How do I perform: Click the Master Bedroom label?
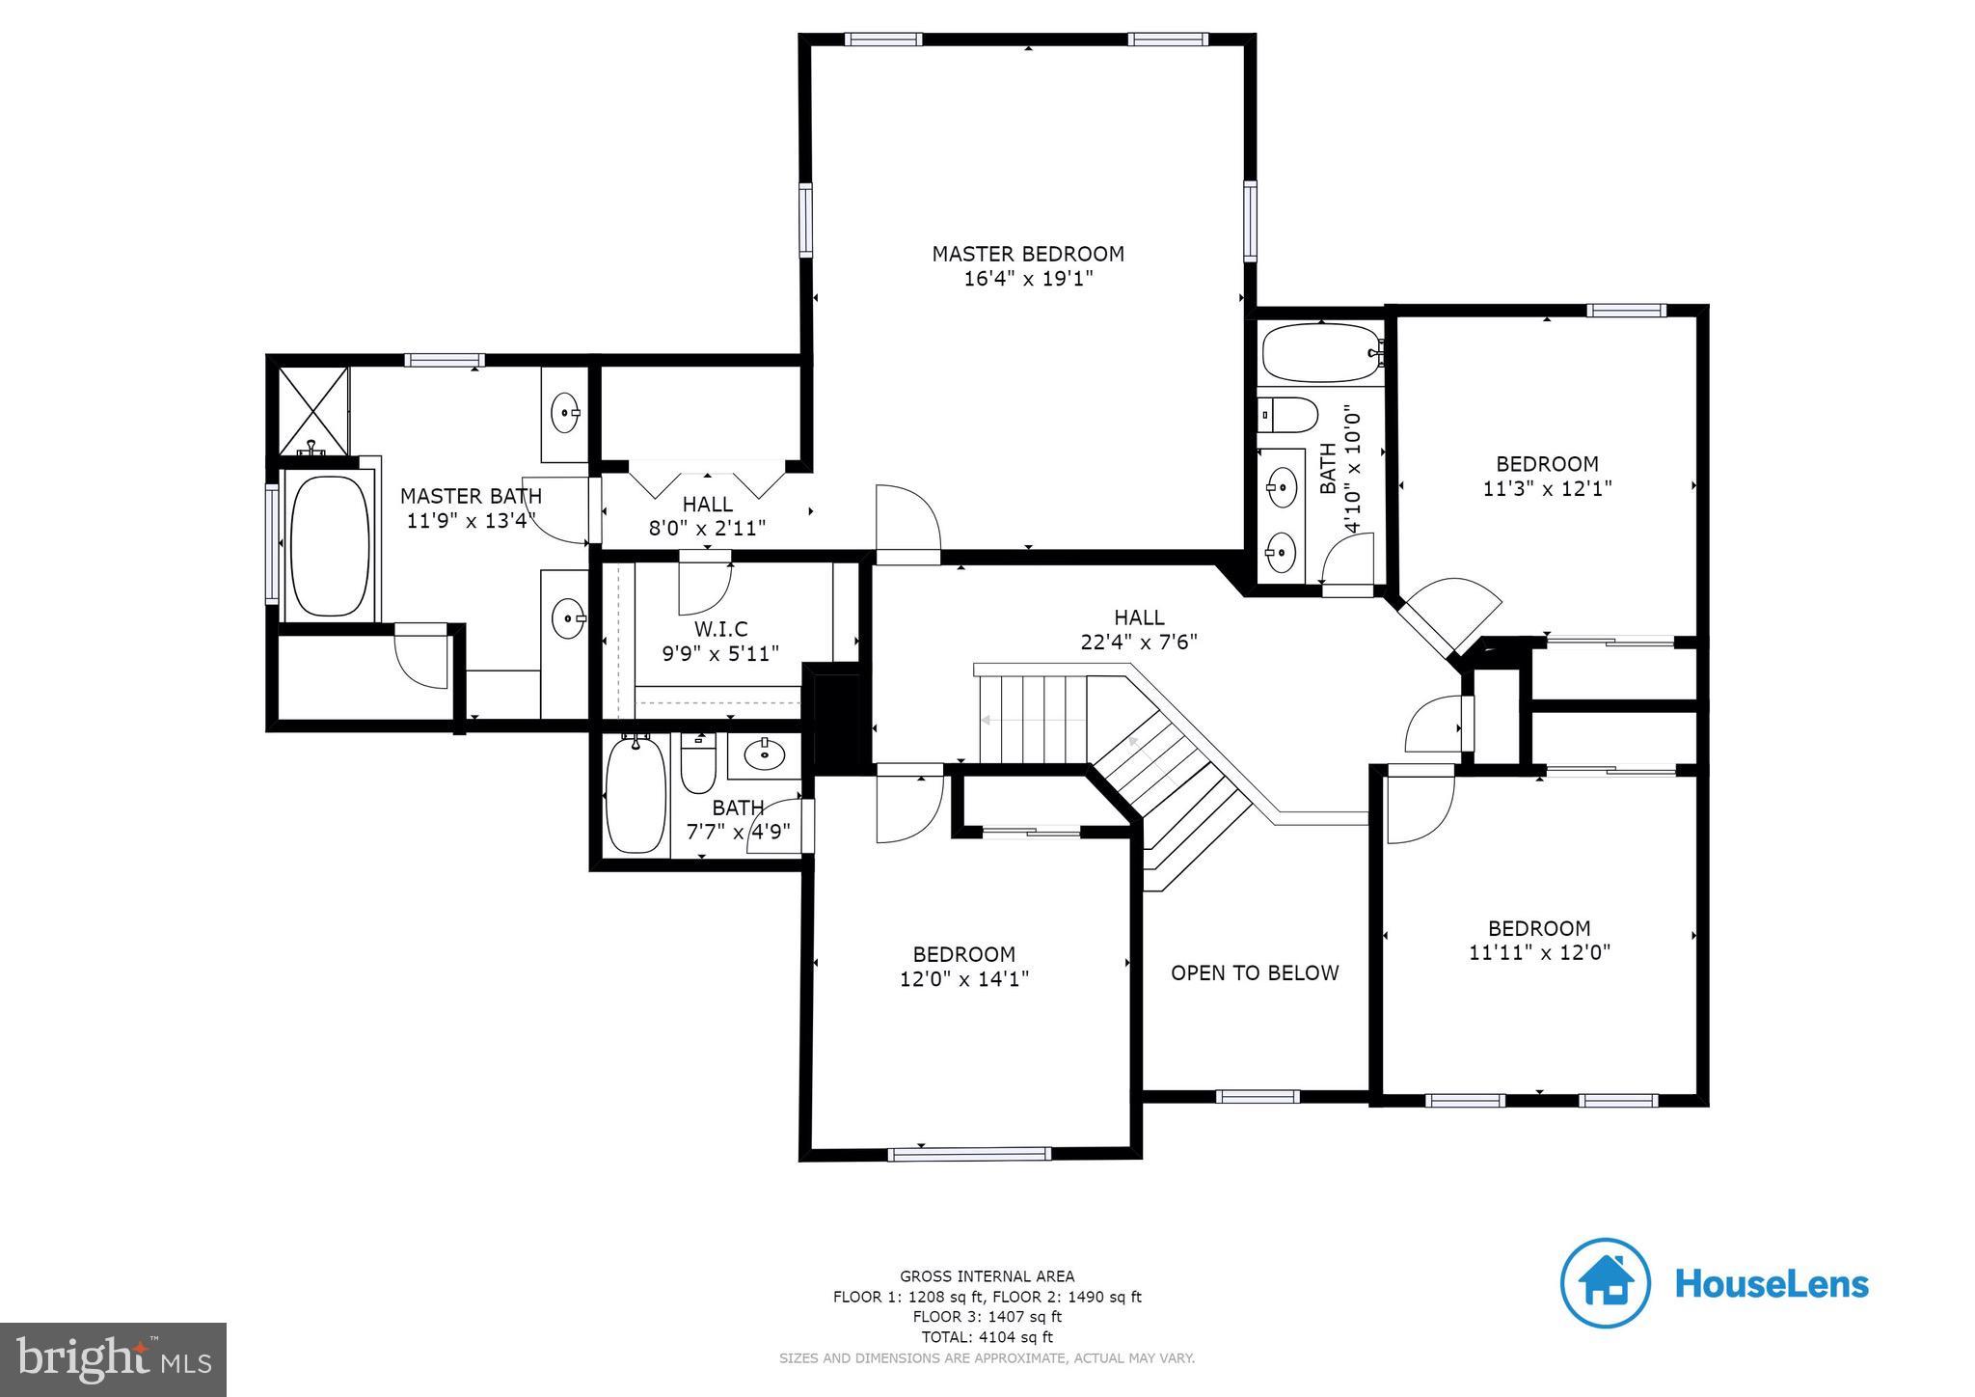click(1027, 254)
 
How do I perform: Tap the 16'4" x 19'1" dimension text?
click(1027, 280)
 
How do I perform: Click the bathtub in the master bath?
click(329, 546)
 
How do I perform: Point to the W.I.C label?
click(720, 629)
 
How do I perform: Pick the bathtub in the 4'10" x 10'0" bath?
click(1320, 353)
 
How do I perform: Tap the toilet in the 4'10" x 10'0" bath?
click(1289, 416)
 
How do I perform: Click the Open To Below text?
click(1254, 972)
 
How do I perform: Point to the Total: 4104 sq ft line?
click(987, 1337)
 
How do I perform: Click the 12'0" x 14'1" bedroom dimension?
click(963, 979)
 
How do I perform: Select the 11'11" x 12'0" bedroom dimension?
click(1539, 953)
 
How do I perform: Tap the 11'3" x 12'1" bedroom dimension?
click(1546, 489)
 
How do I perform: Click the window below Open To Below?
click(1257, 1096)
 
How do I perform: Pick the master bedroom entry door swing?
click(907, 526)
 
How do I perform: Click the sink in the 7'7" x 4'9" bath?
click(765, 753)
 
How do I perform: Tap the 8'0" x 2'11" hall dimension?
click(707, 529)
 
